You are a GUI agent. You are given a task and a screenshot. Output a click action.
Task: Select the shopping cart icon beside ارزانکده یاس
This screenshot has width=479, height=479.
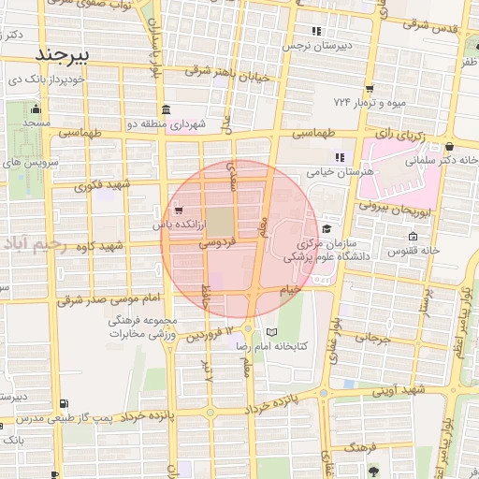[x=179, y=210]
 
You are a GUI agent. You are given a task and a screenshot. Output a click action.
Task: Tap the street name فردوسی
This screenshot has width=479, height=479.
[x=217, y=241]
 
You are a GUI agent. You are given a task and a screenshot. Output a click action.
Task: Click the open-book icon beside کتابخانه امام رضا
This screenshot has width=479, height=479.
[x=272, y=333]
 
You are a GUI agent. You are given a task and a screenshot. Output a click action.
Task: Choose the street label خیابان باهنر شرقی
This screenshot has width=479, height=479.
[x=227, y=72]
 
